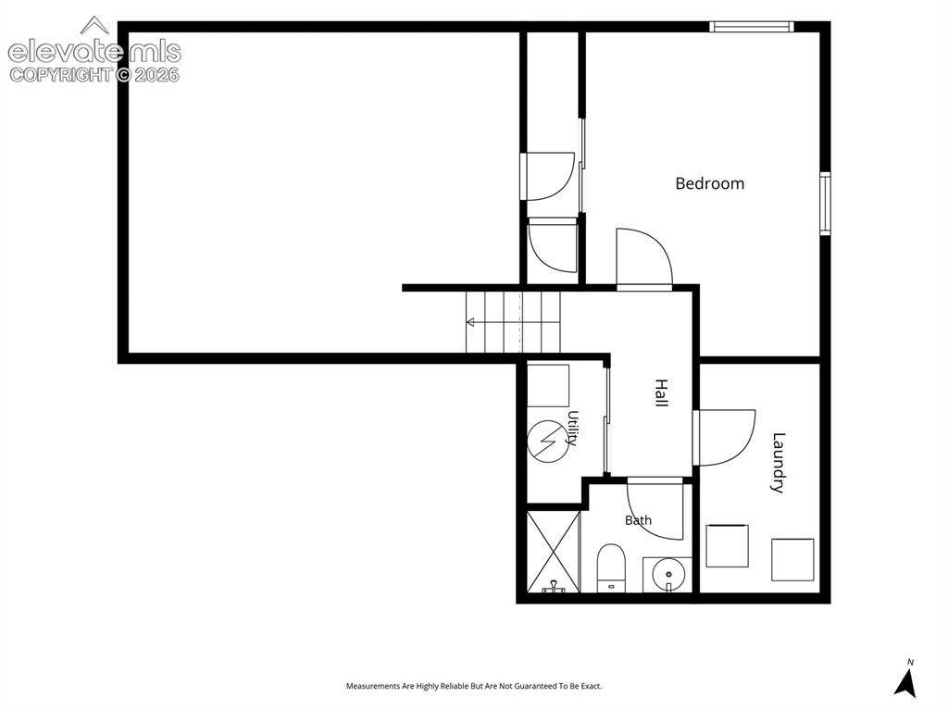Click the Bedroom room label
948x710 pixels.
pyautogui.click(x=709, y=183)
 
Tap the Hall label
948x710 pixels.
pyautogui.click(x=661, y=393)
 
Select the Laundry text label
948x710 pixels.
pyautogui.click(x=779, y=463)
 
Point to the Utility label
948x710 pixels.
pyautogui.click(x=572, y=429)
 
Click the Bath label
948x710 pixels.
pyautogui.click(x=639, y=520)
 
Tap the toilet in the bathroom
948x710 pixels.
pyautogui.click(x=611, y=567)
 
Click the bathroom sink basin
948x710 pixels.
pyautogui.click(x=667, y=575)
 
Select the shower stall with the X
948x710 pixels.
pyautogui.click(x=554, y=552)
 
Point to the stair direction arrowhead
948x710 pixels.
pyautogui.click(x=469, y=322)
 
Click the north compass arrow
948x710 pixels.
pyautogui.click(x=905, y=683)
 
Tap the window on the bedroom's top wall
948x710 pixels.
pyautogui.click(x=751, y=27)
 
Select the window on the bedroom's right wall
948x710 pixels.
pyautogui.click(x=825, y=204)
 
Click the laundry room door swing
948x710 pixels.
pyautogui.click(x=724, y=438)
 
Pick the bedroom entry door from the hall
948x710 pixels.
pyautogui.click(x=644, y=259)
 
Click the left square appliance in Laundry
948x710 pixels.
pyautogui.click(x=728, y=546)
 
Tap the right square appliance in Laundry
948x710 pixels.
pyautogui.click(x=792, y=559)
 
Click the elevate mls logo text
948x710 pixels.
pyautogui.click(x=94, y=52)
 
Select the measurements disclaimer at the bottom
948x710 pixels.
pyautogui.click(x=474, y=686)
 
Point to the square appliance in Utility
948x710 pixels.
pyautogui.click(x=548, y=385)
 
